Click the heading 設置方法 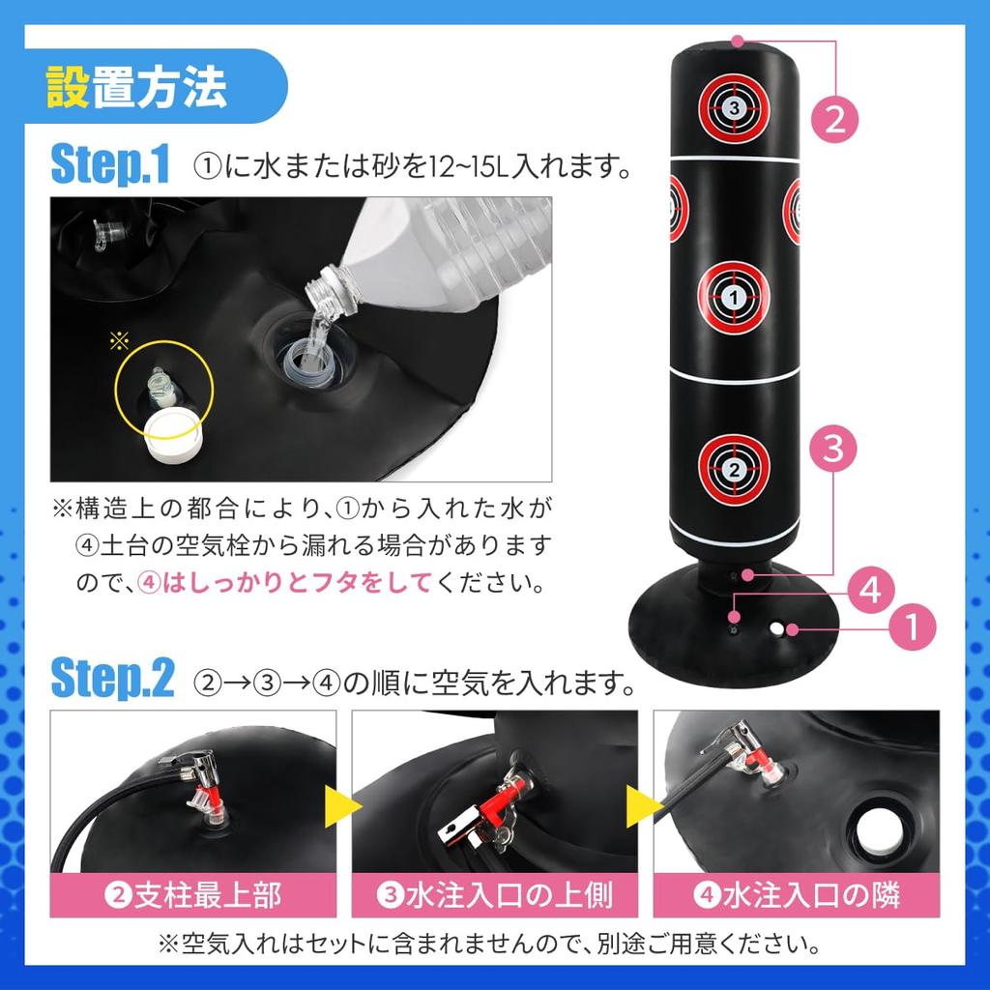(136, 88)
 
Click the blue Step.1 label (109, 165)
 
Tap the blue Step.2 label (111, 680)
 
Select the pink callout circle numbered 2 (834, 119)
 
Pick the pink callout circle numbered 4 (870, 590)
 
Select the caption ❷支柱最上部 (192, 895)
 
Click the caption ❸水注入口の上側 (494, 895)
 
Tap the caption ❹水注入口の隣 (796, 895)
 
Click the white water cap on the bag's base (776, 628)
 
